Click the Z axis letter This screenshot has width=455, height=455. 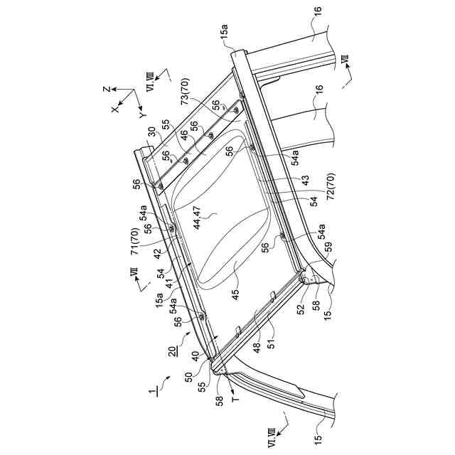105,91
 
